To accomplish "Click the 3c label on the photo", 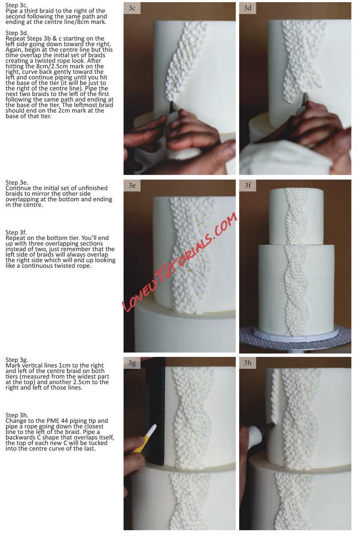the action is (x=132, y=8).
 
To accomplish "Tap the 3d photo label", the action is (x=248, y=8).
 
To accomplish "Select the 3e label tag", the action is (x=132, y=186).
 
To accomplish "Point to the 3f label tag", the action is (x=248, y=186).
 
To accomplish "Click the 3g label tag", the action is (x=132, y=363).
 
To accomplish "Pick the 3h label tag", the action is (x=248, y=363).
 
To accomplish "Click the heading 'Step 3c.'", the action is (x=17, y=5).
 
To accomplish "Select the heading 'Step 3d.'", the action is (x=17, y=33).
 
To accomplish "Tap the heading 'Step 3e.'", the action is (x=17, y=183).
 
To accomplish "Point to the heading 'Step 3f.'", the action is (x=16, y=232).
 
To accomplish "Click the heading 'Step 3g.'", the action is (x=17, y=360).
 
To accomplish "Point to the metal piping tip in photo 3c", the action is (x=173, y=108).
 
